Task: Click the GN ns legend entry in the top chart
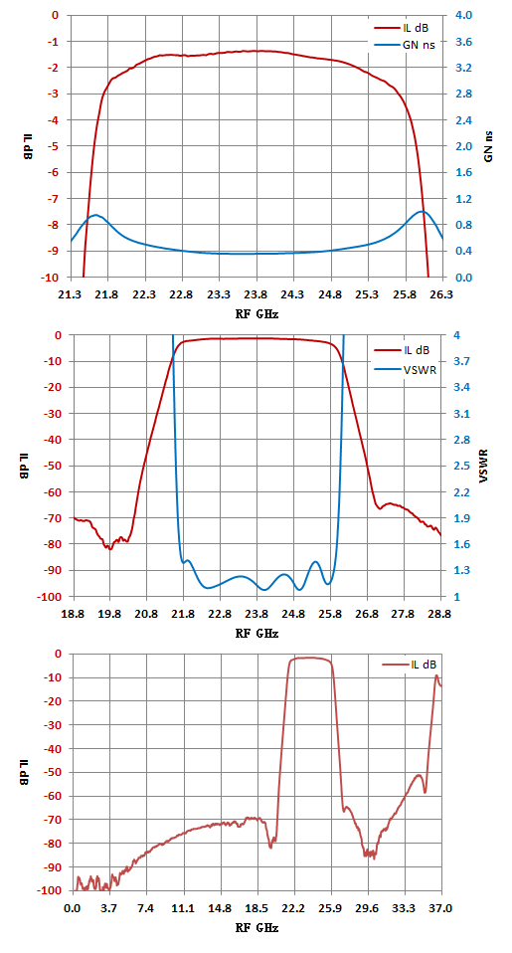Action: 404,44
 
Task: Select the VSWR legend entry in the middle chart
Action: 403,367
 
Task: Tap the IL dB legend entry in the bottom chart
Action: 410,665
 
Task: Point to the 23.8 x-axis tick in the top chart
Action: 256,294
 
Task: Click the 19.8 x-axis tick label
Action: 109,615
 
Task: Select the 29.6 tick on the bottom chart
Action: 368,909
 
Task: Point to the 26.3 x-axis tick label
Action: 442,294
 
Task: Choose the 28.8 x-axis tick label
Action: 441,615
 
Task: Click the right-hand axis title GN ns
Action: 488,146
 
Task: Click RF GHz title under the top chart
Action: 256,314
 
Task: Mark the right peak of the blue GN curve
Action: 423,212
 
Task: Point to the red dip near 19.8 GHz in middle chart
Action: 110,548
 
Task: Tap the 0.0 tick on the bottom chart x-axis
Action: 73,909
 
